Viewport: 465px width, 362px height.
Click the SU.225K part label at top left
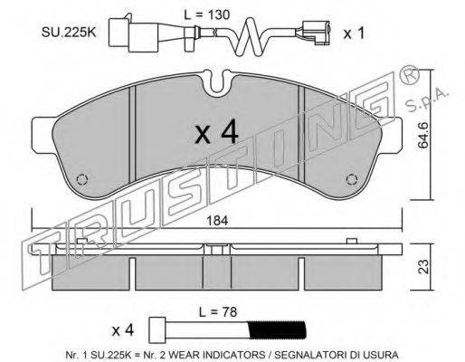coord(69,33)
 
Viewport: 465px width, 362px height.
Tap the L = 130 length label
coord(207,14)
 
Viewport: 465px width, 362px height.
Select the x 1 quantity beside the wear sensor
coord(354,33)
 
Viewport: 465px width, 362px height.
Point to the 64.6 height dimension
coord(423,135)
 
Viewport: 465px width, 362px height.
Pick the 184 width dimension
coord(217,221)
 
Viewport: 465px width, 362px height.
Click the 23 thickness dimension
coord(423,267)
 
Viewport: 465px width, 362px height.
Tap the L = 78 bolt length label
coord(218,312)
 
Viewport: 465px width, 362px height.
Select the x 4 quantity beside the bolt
coord(123,330)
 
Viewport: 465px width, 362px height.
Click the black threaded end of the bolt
coord(277,331)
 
